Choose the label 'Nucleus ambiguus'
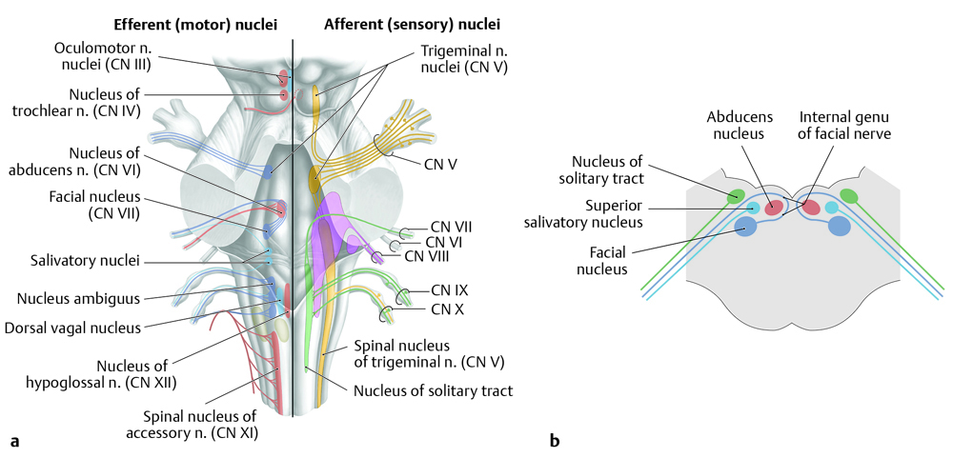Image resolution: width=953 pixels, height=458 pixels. click(x=78, y=298)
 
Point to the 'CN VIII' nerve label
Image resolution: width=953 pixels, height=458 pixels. click(x=426, y=255)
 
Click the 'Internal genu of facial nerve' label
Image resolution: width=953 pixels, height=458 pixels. click(x=844, y=125)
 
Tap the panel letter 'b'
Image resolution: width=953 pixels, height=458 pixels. click(x=554, y=440)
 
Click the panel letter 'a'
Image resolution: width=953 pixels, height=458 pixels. click(x=14, y=440)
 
